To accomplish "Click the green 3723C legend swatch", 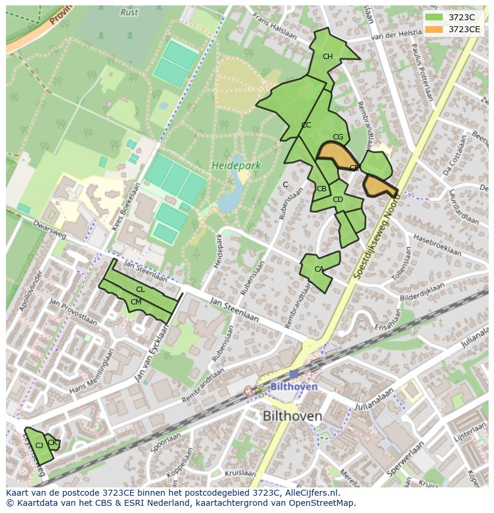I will pyautogui.click(x=434, y=17).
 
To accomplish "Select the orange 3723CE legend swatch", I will pyautogui.click(x=434, y=29).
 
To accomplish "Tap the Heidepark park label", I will pyautogui.click(x=236, y=166).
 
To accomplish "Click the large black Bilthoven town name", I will pyautogui.click(x=292, y=416).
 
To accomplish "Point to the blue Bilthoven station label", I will pyautogui.click(x=294, y=387).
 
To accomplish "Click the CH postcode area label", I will pyautogui.click(x=328, y=57).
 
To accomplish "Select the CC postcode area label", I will pyautogui.click(x=306, y=125).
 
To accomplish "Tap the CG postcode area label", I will pyautogui.click(x=338, y=137).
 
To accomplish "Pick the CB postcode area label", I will pyautogui.click(x=322, y=189).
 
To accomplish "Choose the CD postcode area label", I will pyautogui.click(x=338, y=200).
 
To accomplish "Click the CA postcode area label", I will pyautogui.click(x=319, y=269).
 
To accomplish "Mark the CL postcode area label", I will pyautogui.click(x=140, y=290).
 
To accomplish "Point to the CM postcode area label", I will pyautogui.click(x=135, y=302).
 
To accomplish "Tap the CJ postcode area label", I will pyautogui.click(x=39, y=445).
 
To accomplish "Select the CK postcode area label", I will pyautogui.click(x=52, y=442).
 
